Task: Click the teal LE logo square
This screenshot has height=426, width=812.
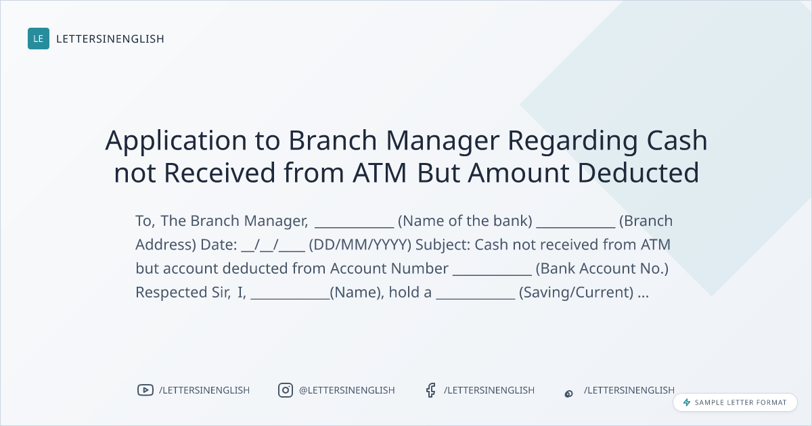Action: tap(39, 39)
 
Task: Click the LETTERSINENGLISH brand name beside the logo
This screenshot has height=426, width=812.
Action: tap(110, 39)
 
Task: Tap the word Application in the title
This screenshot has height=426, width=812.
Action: tap(176, 141)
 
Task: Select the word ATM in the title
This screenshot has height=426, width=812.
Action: tap(380, 173)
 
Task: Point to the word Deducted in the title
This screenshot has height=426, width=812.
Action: tap(638, 173)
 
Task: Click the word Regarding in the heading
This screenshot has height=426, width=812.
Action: tap(572, 141)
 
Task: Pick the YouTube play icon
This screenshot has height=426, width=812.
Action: tap(145, 390)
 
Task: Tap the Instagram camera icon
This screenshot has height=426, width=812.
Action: tap(286, 390)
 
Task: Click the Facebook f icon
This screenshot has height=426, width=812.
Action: tap(430, 390)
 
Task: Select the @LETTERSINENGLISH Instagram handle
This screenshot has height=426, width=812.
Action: tap(347, 390)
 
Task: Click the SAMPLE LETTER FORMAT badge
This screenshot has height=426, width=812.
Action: tap(735, 402)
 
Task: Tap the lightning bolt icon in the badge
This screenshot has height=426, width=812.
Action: tap(687, 402)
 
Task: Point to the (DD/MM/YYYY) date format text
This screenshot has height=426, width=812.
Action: tap(360, 245)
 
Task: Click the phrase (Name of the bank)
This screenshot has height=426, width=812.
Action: tap(465, 221)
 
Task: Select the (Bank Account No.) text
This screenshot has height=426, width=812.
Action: tap(602, 269)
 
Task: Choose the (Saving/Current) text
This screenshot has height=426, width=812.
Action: tap(577, 293)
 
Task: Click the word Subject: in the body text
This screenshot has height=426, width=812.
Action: tap(443, 245)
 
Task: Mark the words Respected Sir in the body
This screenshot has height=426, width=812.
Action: tap(183, 293)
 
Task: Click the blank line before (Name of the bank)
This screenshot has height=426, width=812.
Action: tap(354, 227)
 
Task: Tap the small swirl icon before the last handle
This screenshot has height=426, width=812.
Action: tap(569, 394)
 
